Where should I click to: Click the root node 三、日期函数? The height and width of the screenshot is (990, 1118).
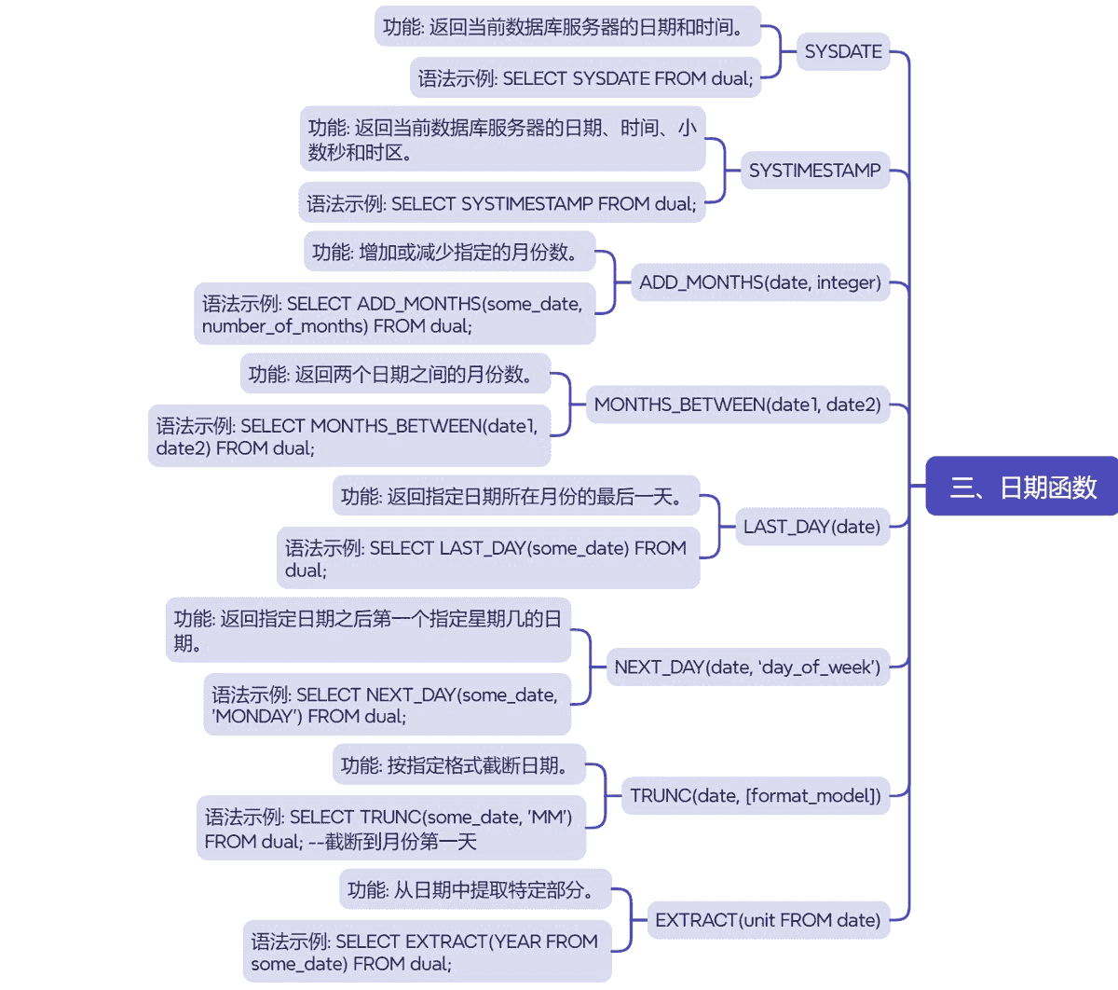click(x=1022, y=487)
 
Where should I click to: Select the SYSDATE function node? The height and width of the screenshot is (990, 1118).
click(x=843, y=52)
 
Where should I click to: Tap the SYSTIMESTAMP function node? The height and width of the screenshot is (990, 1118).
click(x=814, y=171)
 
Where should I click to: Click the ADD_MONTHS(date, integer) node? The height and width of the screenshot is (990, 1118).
click(x=759, y=282)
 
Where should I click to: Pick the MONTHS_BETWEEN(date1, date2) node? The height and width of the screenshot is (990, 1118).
click(x=737, y=405)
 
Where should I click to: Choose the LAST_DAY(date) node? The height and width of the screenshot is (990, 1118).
click(x=811, y=527)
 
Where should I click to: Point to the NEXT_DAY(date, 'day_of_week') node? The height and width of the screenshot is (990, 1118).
click(x=746, y=667)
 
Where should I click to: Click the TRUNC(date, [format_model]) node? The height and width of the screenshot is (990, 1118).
click(x=755, y=796)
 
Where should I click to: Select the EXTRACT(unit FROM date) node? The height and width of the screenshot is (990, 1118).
click(x=767, y=920)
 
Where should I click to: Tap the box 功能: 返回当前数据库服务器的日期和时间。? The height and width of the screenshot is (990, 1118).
click(x=566, y=27)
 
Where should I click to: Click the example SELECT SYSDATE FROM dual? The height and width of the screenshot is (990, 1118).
click(x=585, y=78)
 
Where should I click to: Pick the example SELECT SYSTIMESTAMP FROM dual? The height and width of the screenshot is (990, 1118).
click(x=501, y=203)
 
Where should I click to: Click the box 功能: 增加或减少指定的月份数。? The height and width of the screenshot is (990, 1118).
click(x=449, y=252)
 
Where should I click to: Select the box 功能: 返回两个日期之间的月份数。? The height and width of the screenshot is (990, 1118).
click(x=395, y=374)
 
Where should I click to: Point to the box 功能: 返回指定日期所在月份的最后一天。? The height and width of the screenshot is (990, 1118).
click(x=516, y=496)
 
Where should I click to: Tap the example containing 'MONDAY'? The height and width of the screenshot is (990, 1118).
click(x=387, y=705)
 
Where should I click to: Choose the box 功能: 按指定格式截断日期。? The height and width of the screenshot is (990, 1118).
click(x=458, y=765)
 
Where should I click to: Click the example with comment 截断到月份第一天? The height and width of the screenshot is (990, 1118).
click(x=390, y=829)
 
